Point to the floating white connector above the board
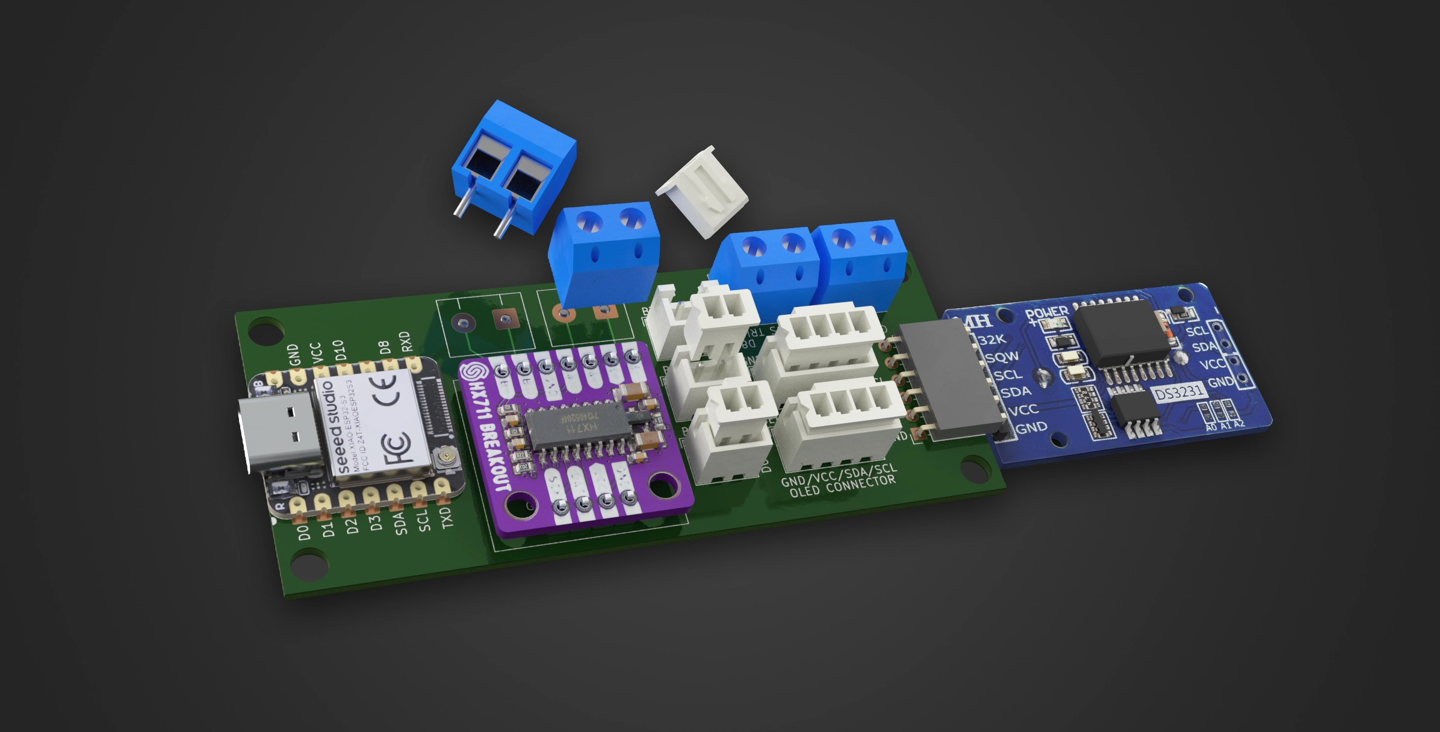[x=703, y=191]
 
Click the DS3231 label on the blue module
[x=1179, y=392]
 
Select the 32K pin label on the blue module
[x=992, y=340]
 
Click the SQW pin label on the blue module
[x=1002, y=357]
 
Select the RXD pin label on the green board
[x=406, y=342]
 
